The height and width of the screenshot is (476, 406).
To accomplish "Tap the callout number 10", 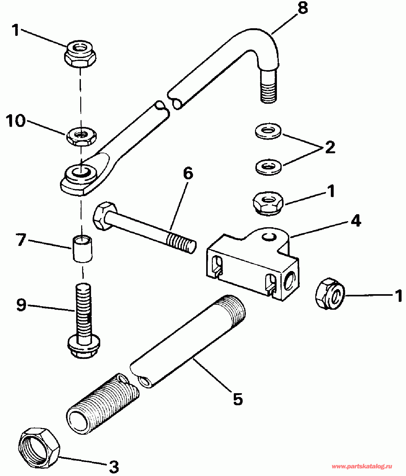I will point(16,121).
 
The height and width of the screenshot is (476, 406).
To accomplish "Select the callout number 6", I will point(188,174).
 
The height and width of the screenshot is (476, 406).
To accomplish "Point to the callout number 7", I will point(21,240).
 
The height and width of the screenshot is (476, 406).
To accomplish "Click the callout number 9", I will point(21,305).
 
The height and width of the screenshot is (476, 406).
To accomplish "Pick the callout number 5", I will point(238,399).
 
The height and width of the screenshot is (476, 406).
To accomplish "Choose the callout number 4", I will point(356,221).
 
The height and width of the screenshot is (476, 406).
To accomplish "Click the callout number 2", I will point(330,148).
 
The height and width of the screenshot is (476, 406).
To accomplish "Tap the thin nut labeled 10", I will point(82,136).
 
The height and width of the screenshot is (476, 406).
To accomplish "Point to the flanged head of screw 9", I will point(84,347).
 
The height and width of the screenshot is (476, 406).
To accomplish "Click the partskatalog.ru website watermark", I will point(362,466).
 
